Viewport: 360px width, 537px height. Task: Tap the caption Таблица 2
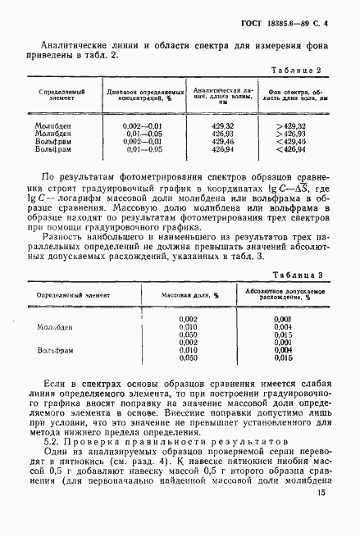pos(304,71)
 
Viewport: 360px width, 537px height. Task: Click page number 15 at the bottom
pos(321,515)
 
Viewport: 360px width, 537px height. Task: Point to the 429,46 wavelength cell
pos(223,140)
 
